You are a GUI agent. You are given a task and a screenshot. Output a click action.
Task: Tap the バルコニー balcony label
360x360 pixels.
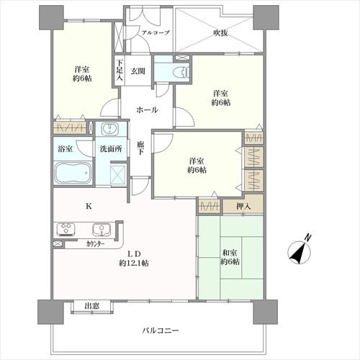pyautogui.click(x=161, y=330)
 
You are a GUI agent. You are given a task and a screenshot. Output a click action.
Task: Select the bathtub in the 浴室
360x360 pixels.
pyautogui.click(x=71, y=174)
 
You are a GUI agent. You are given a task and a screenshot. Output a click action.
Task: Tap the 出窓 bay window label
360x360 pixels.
pyautogui.click(x=92, y=307)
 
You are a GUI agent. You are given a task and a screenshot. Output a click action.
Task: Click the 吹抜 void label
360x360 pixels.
pyautogui.click(x=220, y=32)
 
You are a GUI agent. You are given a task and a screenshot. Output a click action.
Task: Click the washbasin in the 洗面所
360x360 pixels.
pyautogui.click(x=109, y=130)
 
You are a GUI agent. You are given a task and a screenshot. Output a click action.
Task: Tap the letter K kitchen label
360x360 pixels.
pyautogui.click(x=89, y=207)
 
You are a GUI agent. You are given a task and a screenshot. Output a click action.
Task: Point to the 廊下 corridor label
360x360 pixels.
pyautogui.click(x=141, y=148)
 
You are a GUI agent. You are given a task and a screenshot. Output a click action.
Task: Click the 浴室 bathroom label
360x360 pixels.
pyautogui.click(x=63, y=149)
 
